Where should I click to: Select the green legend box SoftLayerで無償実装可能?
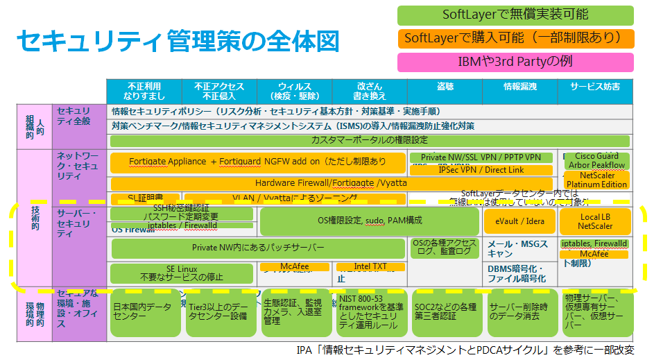coord(515,15)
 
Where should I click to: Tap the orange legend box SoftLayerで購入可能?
coord(515,38)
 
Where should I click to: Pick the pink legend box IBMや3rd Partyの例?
coord(515,62)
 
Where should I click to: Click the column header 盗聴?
coord(445,86)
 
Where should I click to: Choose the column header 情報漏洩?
coord(519,86)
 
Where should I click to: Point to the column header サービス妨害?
coord(595,86)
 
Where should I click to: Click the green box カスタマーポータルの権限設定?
coord(369,140)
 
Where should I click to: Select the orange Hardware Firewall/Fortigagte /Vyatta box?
coord(331,183)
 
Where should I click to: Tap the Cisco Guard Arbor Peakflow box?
coord(596,161)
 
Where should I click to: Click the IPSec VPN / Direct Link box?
coord(481,169)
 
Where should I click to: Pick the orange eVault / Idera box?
coord(519,221)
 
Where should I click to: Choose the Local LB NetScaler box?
coord(595,221)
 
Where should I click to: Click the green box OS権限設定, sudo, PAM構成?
coord(369,221)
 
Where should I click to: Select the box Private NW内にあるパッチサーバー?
coord(258,248)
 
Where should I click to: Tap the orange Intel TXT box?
coord(370,266)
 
